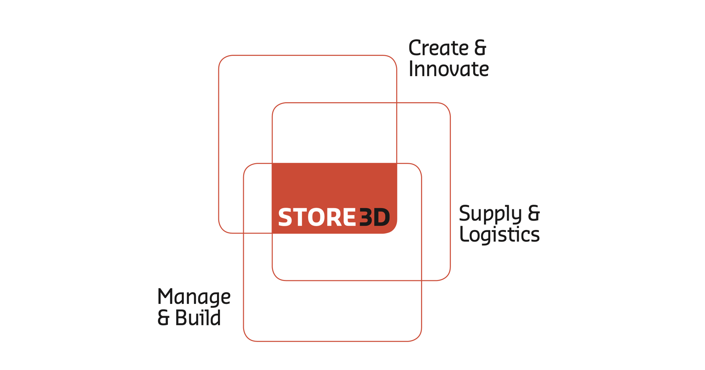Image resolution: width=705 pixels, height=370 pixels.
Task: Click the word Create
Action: (438, 48)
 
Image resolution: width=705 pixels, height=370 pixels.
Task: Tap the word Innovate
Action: (449, 69)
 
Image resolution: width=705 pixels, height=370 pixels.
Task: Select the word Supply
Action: (490, 214)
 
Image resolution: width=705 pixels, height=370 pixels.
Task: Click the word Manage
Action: (194, 297)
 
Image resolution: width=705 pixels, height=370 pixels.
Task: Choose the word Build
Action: (198, 317)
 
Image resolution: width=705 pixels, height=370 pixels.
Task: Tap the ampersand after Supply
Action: (534, 213)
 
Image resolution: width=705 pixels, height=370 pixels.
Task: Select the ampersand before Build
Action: (163, 318)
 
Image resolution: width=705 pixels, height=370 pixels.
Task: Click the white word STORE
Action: (317, 217)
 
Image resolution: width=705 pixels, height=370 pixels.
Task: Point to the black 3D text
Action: (375, 217)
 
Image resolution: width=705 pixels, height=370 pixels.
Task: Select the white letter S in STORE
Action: (285, 217)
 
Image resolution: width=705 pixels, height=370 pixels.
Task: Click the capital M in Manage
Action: (165, 296)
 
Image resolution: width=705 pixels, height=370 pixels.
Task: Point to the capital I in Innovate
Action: (411, 69)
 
